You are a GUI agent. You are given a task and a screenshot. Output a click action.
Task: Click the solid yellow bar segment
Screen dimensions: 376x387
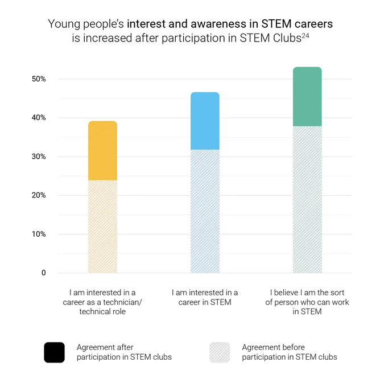click(x=102, y=151)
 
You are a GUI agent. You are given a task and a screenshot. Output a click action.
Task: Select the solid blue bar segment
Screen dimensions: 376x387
click(x=205, y=121)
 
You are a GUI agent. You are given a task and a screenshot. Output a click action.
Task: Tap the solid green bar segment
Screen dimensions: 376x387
click(x=307, y=97)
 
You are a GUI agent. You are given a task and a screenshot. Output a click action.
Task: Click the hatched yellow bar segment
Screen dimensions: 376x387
click(x=102, y=227)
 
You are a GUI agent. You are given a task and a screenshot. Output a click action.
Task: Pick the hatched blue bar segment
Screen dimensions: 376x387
click(x=205, y=211)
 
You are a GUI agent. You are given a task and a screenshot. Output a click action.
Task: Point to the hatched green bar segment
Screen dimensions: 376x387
click(x=307, y=200)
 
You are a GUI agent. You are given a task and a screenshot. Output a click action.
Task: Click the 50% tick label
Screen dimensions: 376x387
click(x=39, y=79)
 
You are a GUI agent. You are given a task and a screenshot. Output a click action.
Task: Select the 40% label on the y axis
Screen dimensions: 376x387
click(x=39, y=117)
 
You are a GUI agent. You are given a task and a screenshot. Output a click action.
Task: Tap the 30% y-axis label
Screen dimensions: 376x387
click(x=39, y=157)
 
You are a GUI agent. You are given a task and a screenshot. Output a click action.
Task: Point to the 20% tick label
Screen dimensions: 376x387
click(x=39, y=195)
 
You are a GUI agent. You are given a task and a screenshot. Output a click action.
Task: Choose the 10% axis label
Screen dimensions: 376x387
click(x=39, y=234)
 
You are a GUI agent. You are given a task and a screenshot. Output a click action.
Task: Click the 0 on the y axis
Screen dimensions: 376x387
click(x=44, y=273)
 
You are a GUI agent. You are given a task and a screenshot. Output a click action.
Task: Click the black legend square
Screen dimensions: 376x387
click(x=54, y=352)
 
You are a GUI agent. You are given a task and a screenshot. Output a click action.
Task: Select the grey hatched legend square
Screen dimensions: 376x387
click(x=220, y=352)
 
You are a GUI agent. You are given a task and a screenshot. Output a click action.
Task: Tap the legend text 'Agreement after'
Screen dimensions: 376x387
click(x=105, y=347)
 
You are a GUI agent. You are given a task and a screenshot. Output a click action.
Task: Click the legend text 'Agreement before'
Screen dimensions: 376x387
click(x=274, y=347)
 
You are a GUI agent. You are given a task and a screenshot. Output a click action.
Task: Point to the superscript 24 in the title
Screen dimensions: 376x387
click(x=305, y=35)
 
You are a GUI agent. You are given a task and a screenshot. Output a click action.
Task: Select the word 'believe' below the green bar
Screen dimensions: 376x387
click(x=286, y=293)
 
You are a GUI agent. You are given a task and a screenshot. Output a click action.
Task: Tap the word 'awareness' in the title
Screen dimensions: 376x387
click(x=218, y=24)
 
